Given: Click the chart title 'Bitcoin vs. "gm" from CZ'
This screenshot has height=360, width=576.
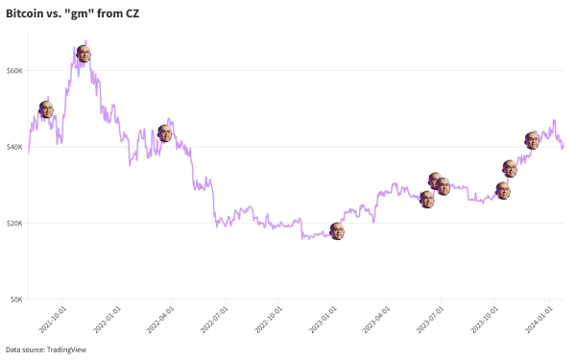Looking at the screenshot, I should [72, 13].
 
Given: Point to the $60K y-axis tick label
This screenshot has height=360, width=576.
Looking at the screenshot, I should [14, 71].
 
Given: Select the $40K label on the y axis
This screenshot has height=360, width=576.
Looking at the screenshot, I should [14, 147].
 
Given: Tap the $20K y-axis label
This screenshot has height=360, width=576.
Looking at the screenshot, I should [14, 223].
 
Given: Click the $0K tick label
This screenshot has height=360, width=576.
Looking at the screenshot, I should [16, 300].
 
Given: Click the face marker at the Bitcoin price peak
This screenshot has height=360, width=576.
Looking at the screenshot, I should [84, 54].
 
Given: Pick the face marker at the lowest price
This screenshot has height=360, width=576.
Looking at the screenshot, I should [337, 230].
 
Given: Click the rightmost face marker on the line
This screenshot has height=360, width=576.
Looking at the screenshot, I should [532, 140].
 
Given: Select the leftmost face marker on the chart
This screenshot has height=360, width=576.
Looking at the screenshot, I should [46, 109].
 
